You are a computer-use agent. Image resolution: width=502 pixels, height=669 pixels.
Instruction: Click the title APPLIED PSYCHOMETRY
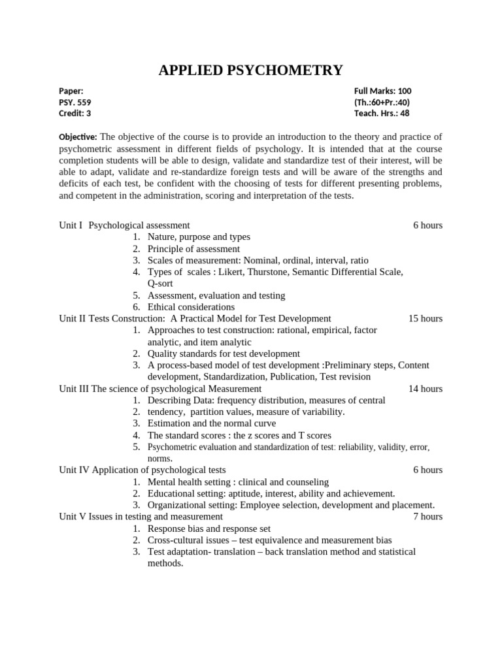250,71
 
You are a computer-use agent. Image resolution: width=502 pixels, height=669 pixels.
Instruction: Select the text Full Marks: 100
382,91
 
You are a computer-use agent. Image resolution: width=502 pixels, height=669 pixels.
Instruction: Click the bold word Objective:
78,137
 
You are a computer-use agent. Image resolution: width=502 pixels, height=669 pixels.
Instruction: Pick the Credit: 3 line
75,114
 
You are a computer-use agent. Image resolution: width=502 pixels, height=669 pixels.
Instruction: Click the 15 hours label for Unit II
425,319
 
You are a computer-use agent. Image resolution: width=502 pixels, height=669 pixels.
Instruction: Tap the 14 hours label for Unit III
425,389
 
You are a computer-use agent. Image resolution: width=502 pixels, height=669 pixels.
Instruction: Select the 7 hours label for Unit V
427,517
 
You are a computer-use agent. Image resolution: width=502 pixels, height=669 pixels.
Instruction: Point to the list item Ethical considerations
191,307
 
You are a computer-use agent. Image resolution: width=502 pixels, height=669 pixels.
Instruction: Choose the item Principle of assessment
193,249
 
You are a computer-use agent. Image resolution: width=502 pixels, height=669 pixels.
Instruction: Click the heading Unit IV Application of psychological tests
142,470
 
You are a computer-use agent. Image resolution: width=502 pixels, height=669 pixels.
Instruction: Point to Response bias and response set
209,529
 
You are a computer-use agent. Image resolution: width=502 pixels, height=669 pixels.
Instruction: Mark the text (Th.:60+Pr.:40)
382,103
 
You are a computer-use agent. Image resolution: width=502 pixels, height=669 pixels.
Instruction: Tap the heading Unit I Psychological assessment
124,225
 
